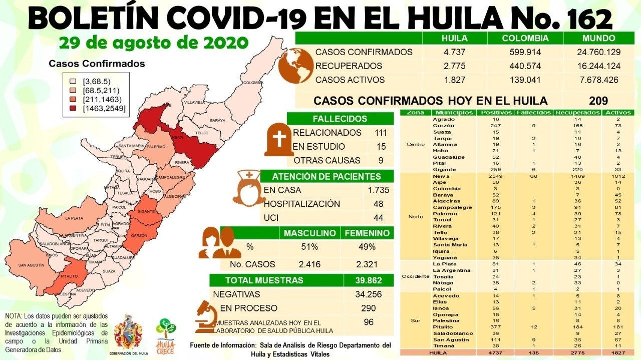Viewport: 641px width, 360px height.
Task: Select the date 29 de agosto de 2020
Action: tap(153, 43)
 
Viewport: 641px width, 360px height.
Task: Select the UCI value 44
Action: tap(378, 218)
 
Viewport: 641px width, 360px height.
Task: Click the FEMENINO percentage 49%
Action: tap(367, 247)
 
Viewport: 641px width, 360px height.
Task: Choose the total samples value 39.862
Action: tap(369, 280)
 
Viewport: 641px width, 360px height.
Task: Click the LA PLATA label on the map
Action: tap(74, 218)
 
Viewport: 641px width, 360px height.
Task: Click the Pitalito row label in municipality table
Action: tap(444, 326)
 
